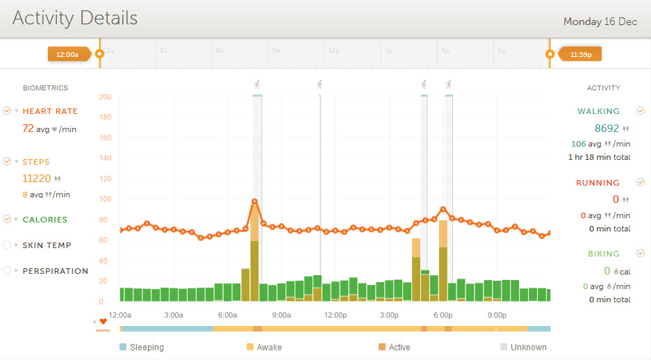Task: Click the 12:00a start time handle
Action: click(67, 54)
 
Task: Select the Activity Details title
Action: click(75, 18)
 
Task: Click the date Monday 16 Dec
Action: click(600, 22)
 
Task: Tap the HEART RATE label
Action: click(50, 111)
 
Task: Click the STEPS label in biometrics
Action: click(36, 162)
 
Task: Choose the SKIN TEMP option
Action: click(47, 245)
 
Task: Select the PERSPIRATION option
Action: click(56, 271)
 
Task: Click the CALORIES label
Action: click(45, 220)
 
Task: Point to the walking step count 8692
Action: click(607, 129)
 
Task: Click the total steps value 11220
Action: click(37, 179)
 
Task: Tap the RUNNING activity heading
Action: click(598, 183)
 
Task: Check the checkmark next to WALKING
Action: click(641, 111)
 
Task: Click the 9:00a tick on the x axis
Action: click(281, 315)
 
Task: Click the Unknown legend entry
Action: click(528, 347)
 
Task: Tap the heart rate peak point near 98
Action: click(255, 202)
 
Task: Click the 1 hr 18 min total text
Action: click(599, 158)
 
